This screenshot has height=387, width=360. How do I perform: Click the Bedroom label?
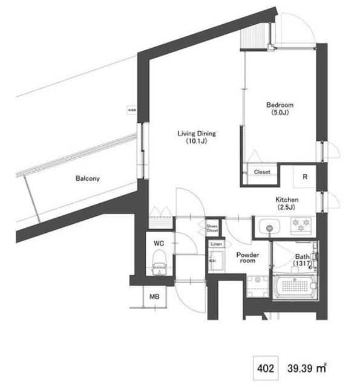pyautogui.click(x=280, y=105)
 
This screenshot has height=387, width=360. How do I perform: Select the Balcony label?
pyautogui.click(x=88, y=178)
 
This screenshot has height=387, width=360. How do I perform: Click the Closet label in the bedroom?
pyautogui.click(x=262, y=172)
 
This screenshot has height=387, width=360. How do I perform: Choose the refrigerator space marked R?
pyautogui.click(x=305, y=177)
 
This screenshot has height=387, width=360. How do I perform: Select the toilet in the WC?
pyautogui.click(x=160, y=261)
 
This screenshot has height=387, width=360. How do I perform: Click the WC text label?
pyautogui.click(x=159, y=243)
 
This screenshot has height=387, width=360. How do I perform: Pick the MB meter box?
pyautogui.click(x=154, y=298)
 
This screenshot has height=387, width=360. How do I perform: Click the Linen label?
pyautogui.click(x=216, y=244)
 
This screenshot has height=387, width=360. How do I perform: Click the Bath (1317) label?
pyautogui.click(x=301, y=260)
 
